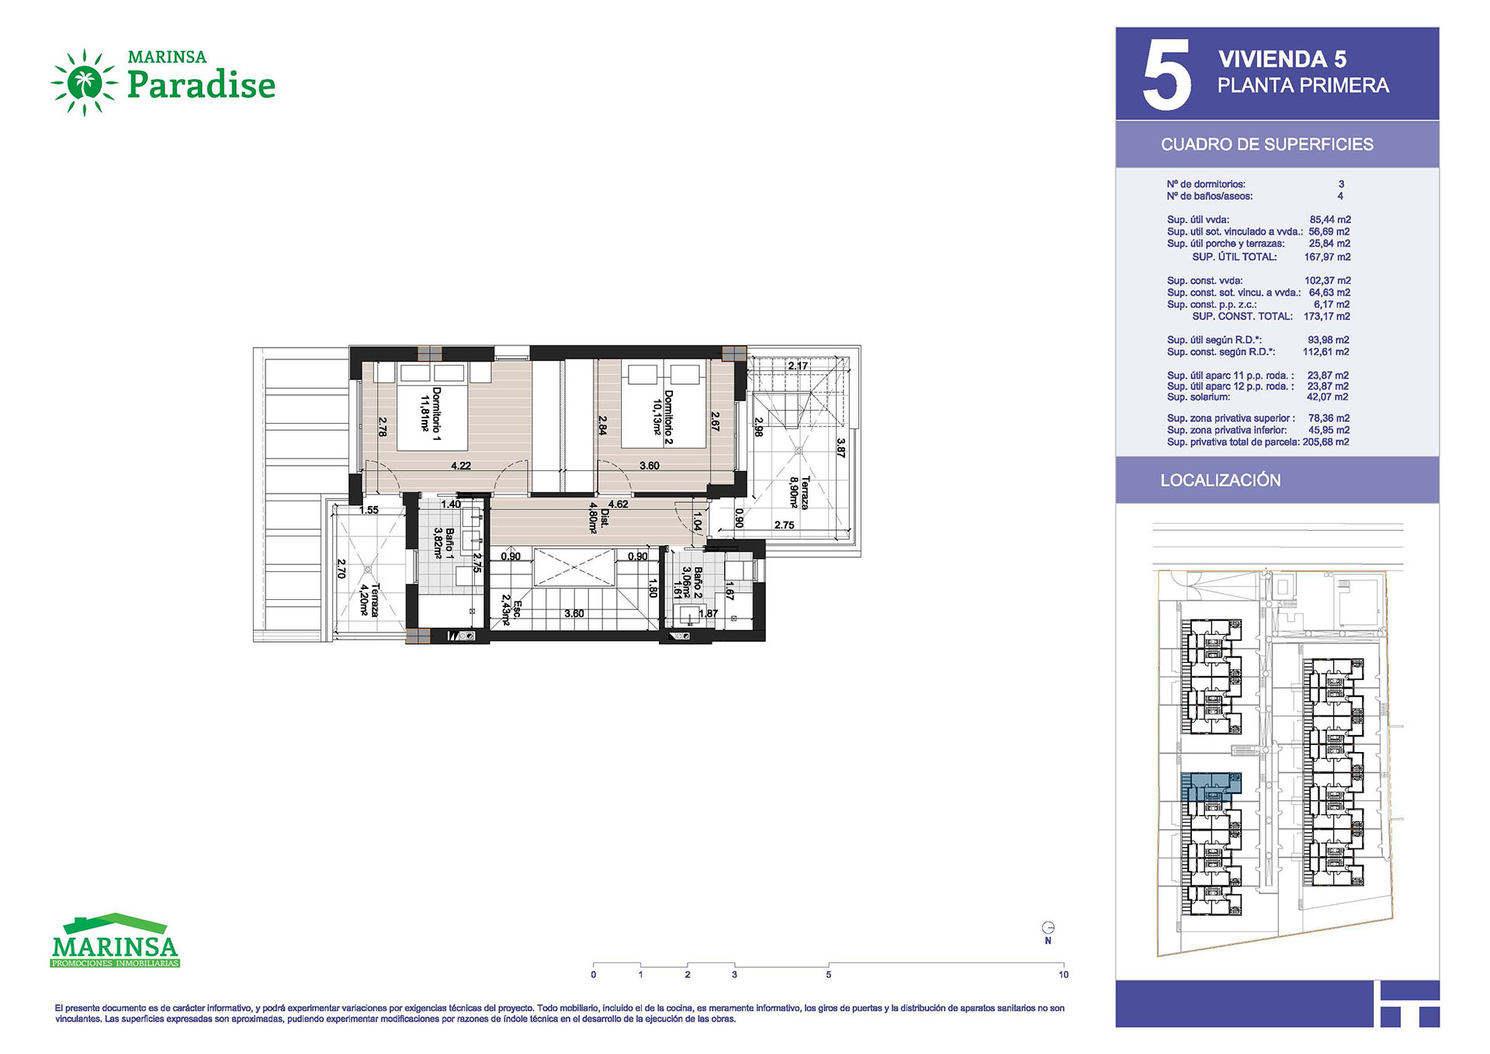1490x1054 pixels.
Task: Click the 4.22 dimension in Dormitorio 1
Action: click(461, 466)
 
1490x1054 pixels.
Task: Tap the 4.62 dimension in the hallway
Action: click(619, 504)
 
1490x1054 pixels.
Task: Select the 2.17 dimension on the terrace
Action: click(798, 366)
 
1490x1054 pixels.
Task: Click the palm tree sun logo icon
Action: click(84, 82)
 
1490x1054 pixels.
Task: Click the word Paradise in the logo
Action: click(201, 85)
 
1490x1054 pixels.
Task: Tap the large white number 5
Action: click(1166, 75)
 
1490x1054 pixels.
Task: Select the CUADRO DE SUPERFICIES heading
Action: click(1266, 144)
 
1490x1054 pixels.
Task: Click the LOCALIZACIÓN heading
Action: click(1220, 480)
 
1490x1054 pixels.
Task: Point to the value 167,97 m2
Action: click(1327, 257)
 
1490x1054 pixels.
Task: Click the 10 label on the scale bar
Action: click(1063, 975)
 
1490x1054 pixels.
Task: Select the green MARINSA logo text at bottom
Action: click(115, 948)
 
